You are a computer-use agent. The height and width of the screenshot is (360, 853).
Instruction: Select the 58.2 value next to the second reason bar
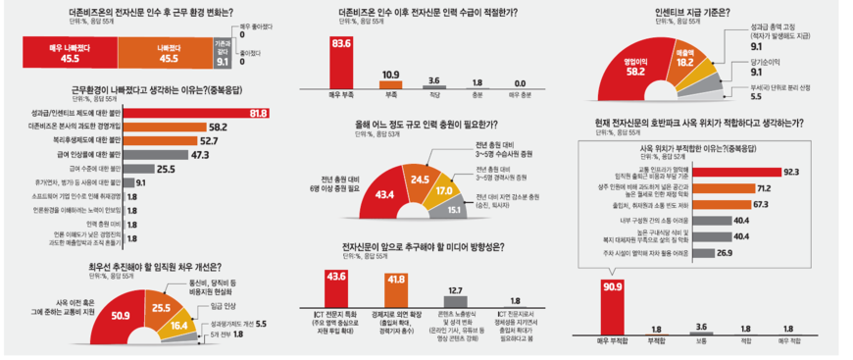tap(218, 128)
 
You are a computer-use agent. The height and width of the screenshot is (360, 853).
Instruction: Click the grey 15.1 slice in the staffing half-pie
tap(454, 208)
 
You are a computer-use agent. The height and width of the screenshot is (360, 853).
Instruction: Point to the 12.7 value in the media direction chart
tap(454, 290)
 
